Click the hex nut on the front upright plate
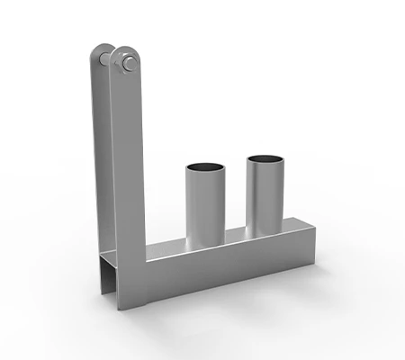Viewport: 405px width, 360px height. click(x=127, y=62)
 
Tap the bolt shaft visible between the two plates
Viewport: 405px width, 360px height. click(x=109, y=58)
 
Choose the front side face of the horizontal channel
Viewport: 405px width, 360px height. click(x=225, y=265)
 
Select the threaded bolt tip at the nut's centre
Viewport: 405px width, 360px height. click(x=128, y=62)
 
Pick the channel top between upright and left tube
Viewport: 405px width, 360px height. click(x=166, y=247)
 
